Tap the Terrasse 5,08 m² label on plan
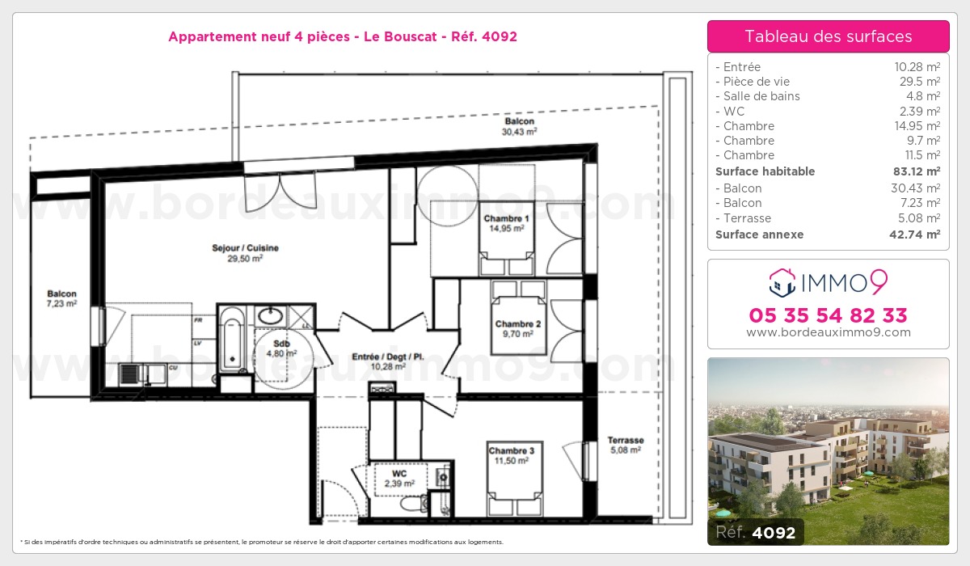pyautogui.click(x=626, y=445)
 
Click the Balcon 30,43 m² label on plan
pyautogui.click(x=519, y=126)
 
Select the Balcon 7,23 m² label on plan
pyautogui.click(x=61, y=298)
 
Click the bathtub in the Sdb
pyautogui.click(x=232, y=339)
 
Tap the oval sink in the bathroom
pyautogui.click(x=271, y=315)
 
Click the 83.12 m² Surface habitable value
pyautogui.click(x=917, y=171)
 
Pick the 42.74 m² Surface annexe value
pyautogui.click(x=914, y=234)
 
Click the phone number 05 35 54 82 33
pyautogui.click(x=828, y=315)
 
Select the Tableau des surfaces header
pyautogui.click(x=829, y=36)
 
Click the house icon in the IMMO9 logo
pyautogui.click(x=782, y=282)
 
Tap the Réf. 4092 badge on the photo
pyautogui.click(x=756, y=532)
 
